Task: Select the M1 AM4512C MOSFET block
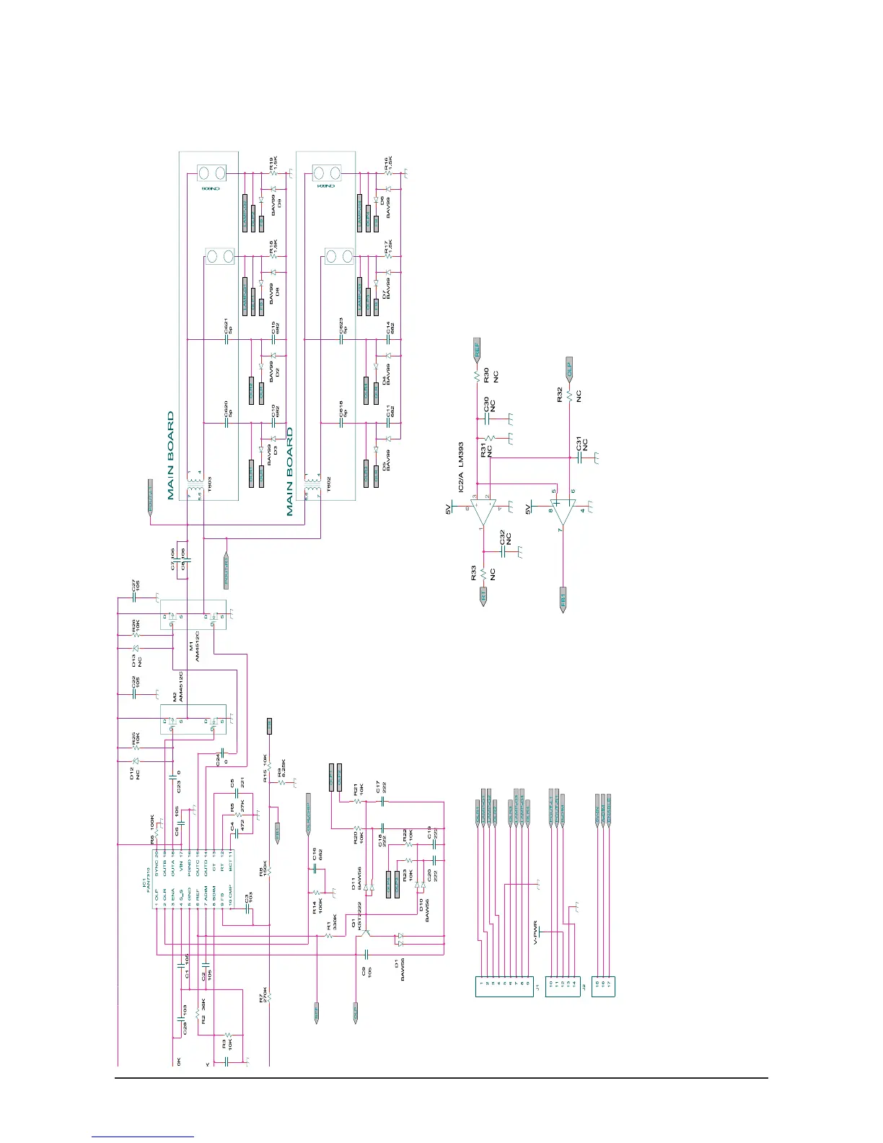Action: coord(193,616)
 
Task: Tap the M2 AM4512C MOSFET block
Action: coord(193,719)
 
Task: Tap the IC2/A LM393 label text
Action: coord(460,468)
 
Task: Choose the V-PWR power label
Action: coord(535,932)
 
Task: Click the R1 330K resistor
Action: coord(328,935)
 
